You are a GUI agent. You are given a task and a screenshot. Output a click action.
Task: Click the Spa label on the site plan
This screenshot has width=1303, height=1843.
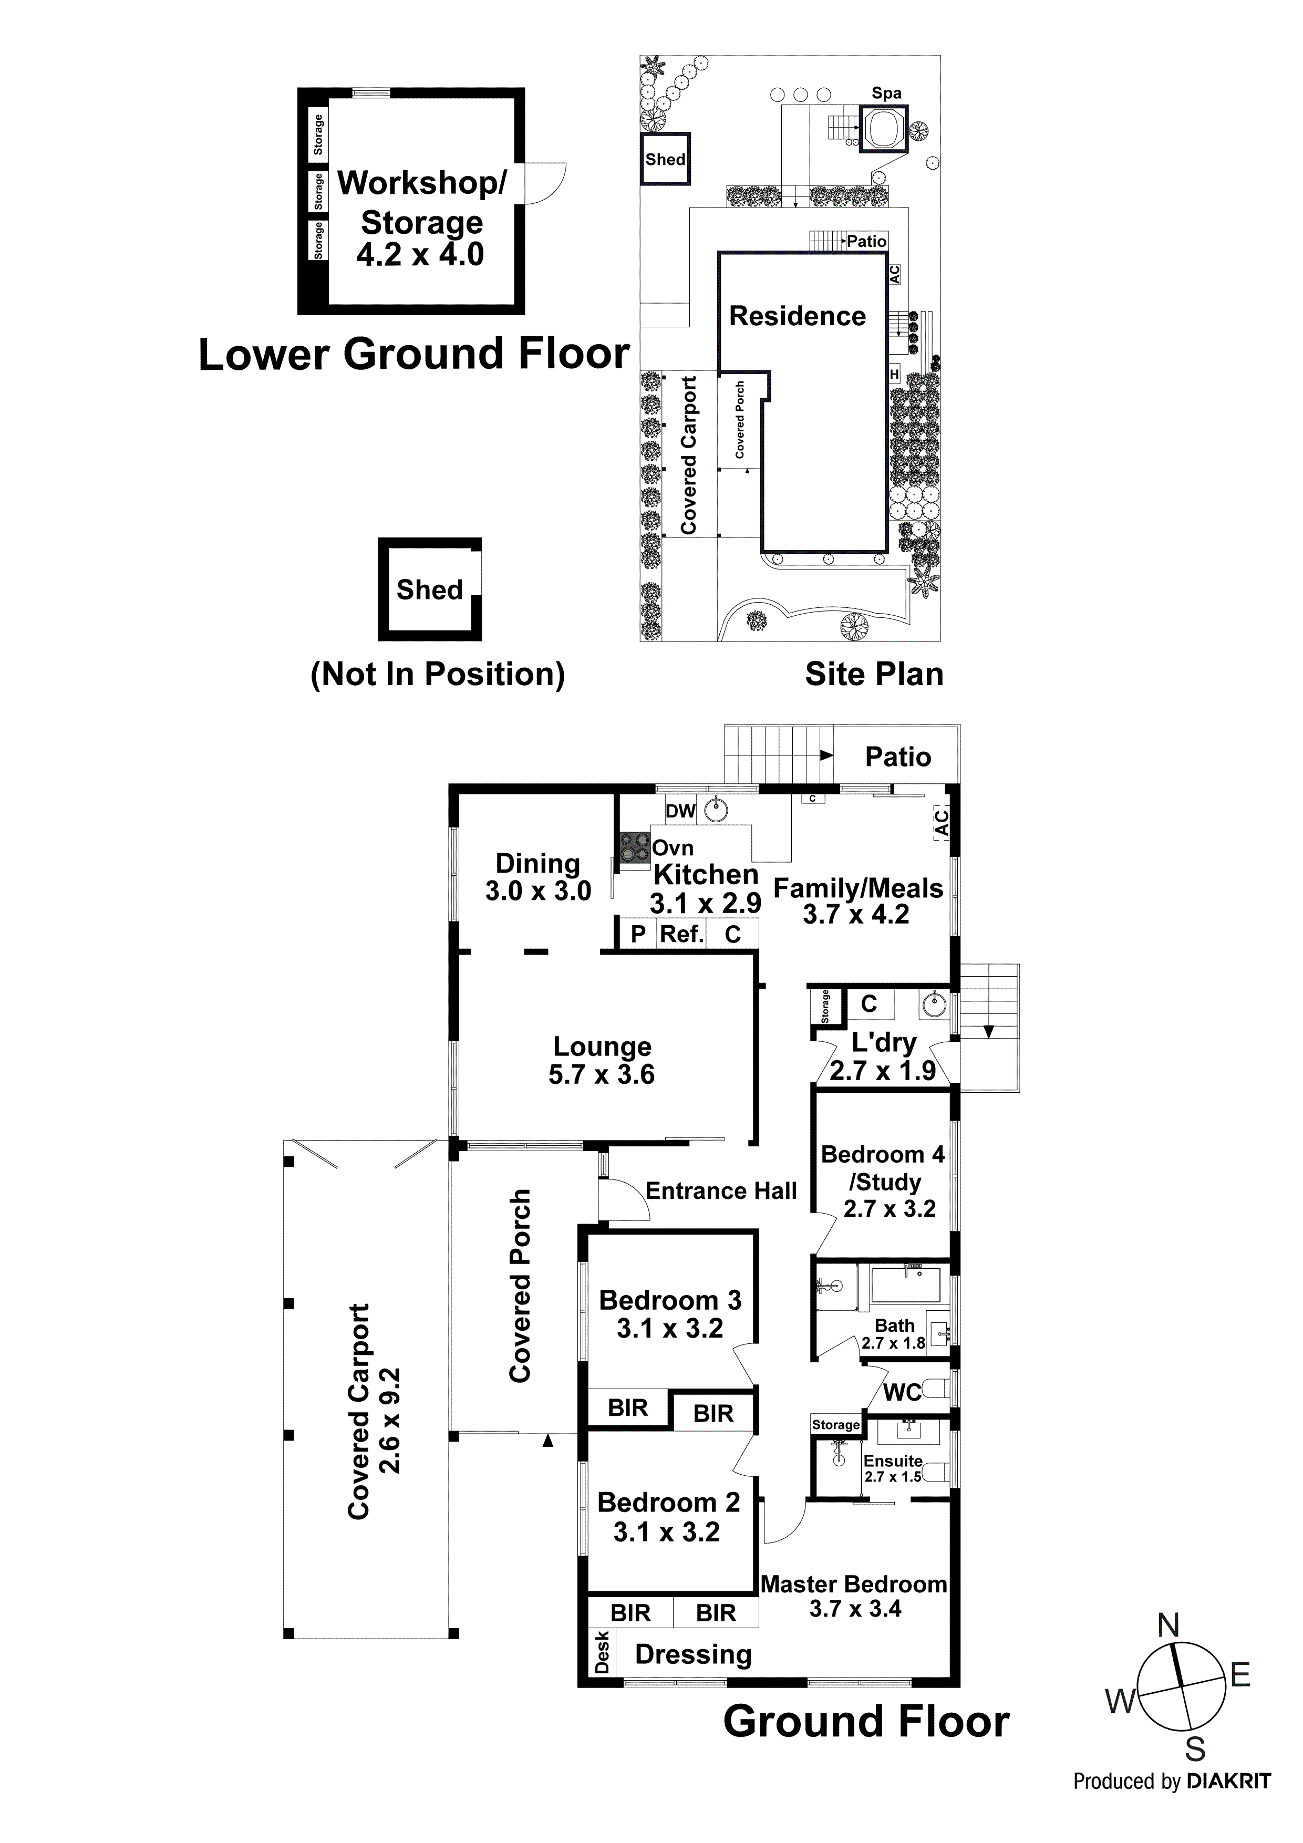pos(886,93)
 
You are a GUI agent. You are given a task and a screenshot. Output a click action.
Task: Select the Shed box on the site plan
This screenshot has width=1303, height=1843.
pos(665,159)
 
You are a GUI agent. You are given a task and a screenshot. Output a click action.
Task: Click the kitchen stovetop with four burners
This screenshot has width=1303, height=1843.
pos(634,846)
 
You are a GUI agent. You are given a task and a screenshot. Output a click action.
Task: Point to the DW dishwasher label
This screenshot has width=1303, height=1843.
pos(680,811)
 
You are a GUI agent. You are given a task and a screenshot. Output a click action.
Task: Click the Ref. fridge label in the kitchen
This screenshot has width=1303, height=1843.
pos(681,934)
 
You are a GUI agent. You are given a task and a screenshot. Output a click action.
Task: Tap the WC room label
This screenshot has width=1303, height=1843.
pos(903,1393)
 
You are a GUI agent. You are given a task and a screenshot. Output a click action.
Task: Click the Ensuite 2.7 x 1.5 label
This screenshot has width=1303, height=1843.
pos(892,1467)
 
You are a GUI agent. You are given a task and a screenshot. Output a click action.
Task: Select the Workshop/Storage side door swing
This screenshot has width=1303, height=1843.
pos(546,183)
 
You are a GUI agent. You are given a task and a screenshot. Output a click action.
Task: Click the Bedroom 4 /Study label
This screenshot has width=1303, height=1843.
pos(882,1181)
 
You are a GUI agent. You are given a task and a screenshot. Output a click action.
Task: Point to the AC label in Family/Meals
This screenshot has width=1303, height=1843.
pos(941,823)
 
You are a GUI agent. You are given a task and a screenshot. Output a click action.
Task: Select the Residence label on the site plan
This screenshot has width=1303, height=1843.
pos(797,316)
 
